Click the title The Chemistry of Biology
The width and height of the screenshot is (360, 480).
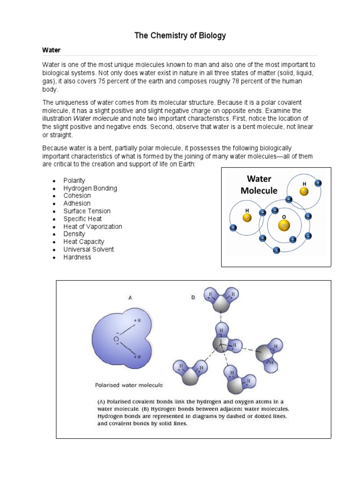(180, 35)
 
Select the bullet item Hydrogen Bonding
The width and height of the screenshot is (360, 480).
(90, 188)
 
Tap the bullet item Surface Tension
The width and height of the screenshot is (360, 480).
(87, 211)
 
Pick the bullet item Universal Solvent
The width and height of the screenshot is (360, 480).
(89, 249)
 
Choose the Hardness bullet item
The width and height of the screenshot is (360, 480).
(77, 257)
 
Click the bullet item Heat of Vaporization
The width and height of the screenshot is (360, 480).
(92, 226)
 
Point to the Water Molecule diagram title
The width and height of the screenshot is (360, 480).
(259, 185)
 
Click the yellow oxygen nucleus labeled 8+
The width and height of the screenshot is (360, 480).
(284, 225)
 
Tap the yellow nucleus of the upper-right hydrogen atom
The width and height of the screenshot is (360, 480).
(305, 192)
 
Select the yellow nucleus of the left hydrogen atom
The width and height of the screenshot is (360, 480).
(247, 217)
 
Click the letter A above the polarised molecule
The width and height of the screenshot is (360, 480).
(130, 297)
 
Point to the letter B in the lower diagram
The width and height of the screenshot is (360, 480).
(193, 297)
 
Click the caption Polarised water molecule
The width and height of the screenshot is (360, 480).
(129, 385)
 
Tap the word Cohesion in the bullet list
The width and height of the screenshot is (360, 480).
(77, 195)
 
